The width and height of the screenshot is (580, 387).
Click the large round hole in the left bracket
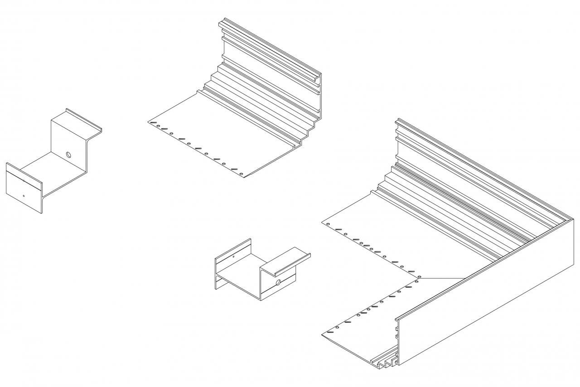pos(69,155)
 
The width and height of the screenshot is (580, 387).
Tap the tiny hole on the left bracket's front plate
pos(24,196)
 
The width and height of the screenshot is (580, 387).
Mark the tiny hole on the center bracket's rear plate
pos(233,257)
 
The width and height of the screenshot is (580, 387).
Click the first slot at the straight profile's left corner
pos(154,123)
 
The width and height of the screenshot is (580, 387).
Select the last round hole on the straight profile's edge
pos(242,174)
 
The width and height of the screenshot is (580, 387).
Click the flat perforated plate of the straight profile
pos(217,136)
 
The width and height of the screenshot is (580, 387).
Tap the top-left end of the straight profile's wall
pos(222,22)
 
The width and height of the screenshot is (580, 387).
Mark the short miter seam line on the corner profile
pos(442,278)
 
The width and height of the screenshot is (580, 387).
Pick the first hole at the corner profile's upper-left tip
pos(328,224)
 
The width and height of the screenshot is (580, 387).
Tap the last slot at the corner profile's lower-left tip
pos(330,332)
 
